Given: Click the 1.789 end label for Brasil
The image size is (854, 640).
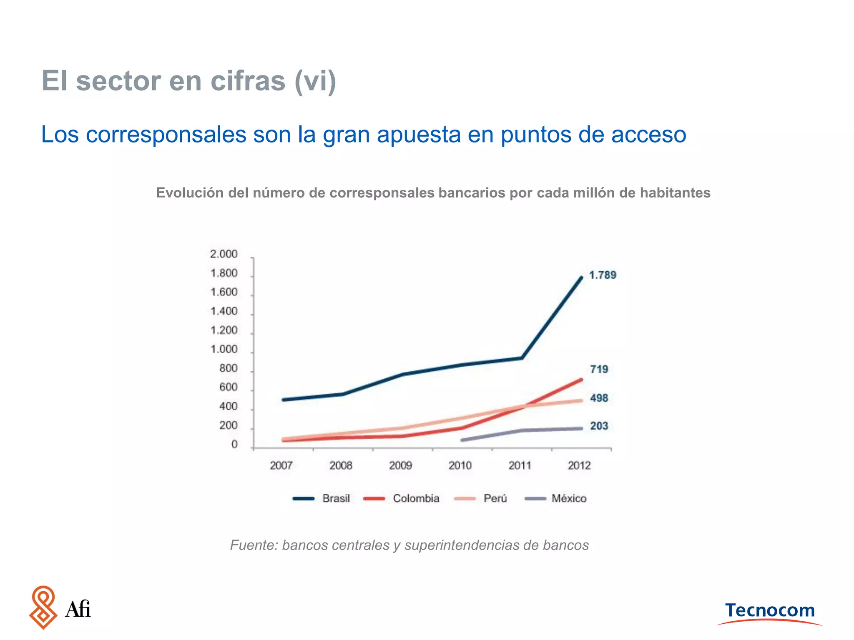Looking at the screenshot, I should (602, 275).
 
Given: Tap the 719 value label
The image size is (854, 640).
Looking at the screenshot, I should (599, 369).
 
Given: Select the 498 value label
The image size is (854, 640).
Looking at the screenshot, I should (599, 398).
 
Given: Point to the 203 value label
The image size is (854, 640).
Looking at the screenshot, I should (599, 426).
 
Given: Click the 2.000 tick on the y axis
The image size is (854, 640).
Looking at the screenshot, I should (224, 254).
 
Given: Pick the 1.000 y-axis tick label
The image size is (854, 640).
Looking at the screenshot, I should (224, 349).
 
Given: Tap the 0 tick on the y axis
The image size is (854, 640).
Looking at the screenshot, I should (234, 445).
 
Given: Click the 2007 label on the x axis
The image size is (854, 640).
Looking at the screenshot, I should (281, 465).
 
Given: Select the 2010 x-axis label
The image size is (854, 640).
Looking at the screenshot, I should (460, 465).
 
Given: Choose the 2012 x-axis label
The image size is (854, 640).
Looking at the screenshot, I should (579, 465).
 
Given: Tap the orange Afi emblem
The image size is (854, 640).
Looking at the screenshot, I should (43, 607).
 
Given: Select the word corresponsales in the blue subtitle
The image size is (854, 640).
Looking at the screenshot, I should (166, 135).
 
